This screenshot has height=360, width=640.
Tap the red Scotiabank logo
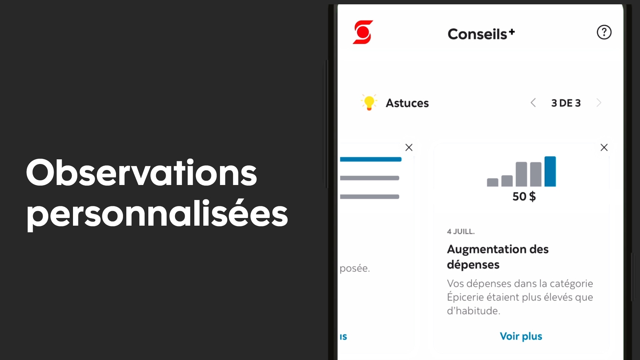pyautogui.click(x=363, y=32)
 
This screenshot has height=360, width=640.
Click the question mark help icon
pyautogui.click(x=604, y=32)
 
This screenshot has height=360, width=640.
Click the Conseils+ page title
pyautogui.click(x=481, y=34)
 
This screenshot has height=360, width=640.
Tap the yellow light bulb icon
pyautogui.click(x=369, y=102)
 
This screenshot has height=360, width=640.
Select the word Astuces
pyautogui.click(x=407, y=103)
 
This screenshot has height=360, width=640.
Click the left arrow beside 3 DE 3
pyautogui.click(x=533, y=103)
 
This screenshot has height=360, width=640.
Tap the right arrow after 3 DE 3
pyautogui.click(x=599, y=103)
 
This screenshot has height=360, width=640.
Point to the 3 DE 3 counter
pyautogui.click(x=566, y=103)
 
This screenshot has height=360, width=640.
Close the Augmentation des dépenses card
pyautogui.click(x=604, y=147)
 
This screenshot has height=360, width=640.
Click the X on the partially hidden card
pyautogui.click(x=409, y=147)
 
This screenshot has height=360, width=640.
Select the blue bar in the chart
pyautogui.click(x=550, y=171)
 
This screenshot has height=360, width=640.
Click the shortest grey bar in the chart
pyautogui.click(x=492, y=182)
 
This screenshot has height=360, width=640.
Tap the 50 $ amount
pyautogui.click(x=524, y=197)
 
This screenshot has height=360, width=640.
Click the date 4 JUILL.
pyautogui.click(x=461, y=231)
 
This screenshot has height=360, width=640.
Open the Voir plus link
pyautogui.click(x=521, y=336)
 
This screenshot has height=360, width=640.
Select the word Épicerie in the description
pyautogui.click(x=465, y=297)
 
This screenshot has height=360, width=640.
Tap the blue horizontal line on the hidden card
pyautogui.click(x=371, y=159)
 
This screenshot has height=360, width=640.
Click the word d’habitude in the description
pyautogui.click(x=473, y=311)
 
